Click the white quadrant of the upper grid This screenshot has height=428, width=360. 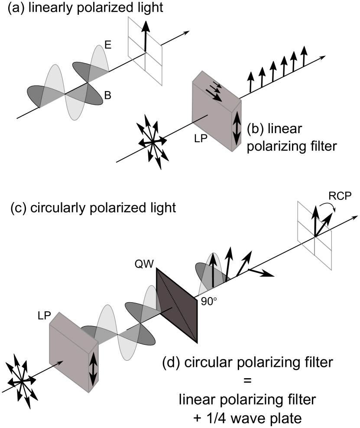[x=154, y=49]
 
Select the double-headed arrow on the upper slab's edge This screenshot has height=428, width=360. [x=237, y=128]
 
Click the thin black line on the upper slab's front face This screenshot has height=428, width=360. [x=200, y=118]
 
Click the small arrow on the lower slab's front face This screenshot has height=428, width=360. [x=58, y=364]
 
